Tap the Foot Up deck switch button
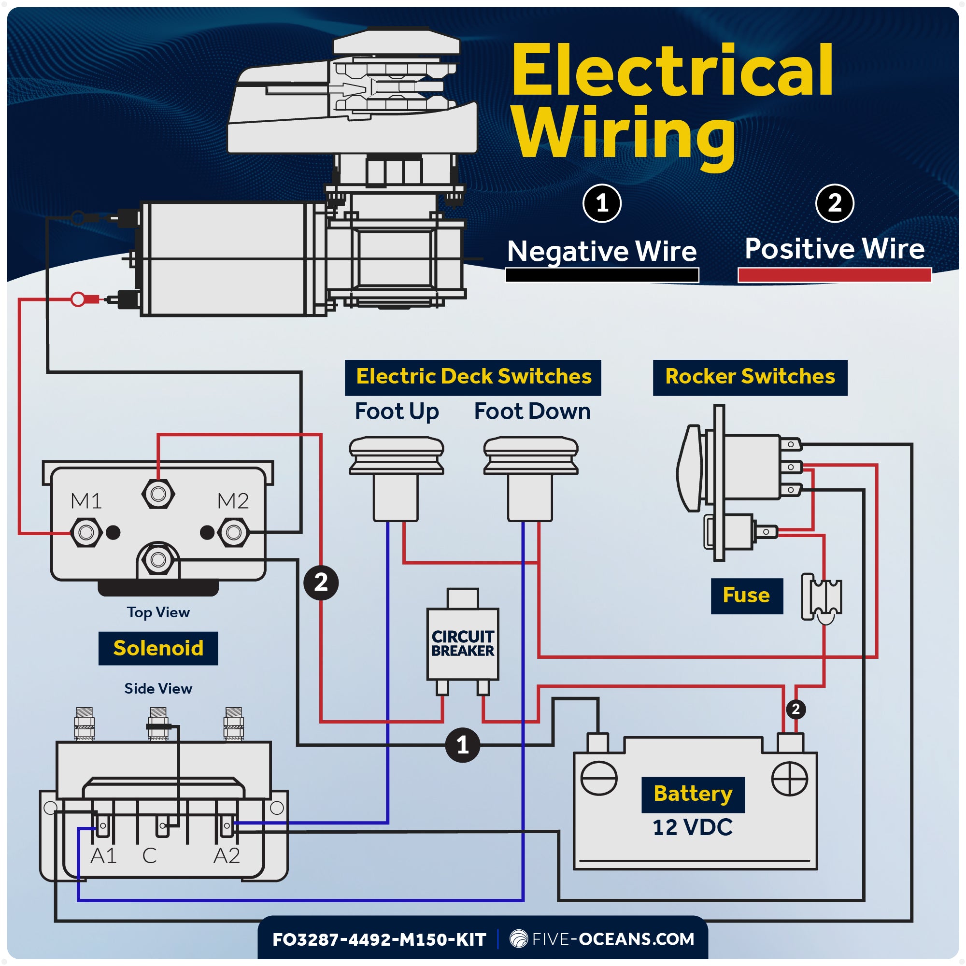click(x=396, y=456)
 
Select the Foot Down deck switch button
click(x=531, y=456)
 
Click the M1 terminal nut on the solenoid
click(x=86, y=532)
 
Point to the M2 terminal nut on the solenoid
click(x=233, y=532)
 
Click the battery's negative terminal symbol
click(x=599, y=779)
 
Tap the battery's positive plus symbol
click(x=790, y=779)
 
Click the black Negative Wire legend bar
click(x=602, y=275)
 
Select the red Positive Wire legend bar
click(x=835, y=275)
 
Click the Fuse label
click(x=747, y=596)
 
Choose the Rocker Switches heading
click(x=750, y=377)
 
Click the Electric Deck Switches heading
click(x=473, y=377)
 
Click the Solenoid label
click(x=158, y=648)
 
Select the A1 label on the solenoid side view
click(x=103, y=856)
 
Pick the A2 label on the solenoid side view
click(x=227, y=856)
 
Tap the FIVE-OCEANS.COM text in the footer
click(x=613, y=939)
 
